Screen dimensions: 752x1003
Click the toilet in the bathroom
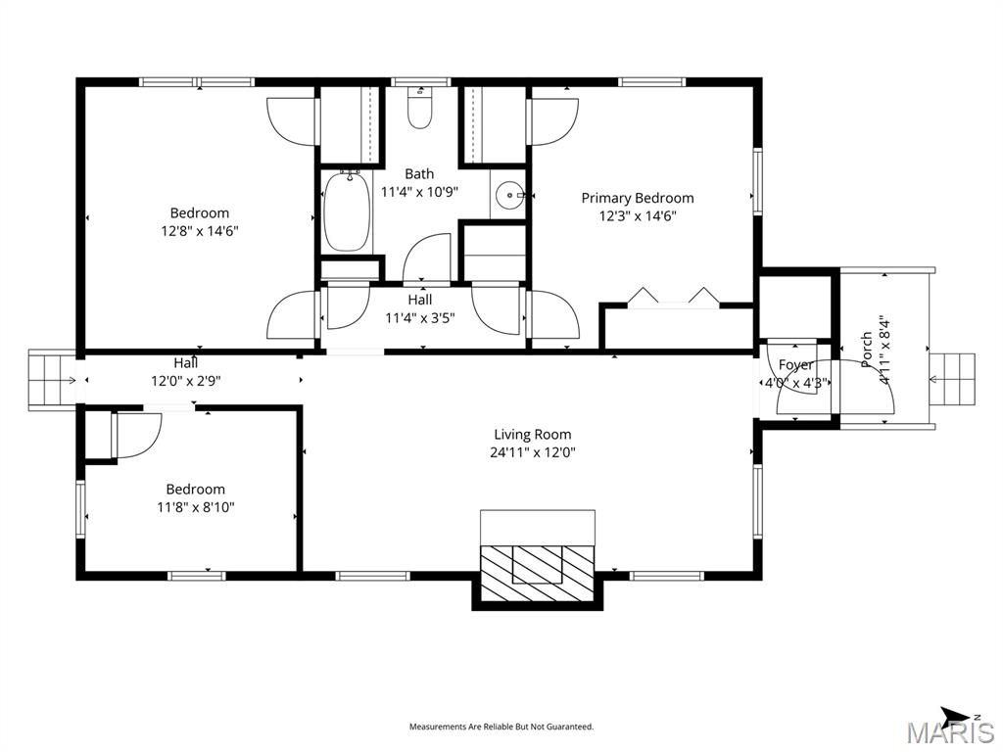420,110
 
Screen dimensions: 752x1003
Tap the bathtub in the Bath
347,211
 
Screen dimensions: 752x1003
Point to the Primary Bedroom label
638,198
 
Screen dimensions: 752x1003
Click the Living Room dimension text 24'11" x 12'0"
532,452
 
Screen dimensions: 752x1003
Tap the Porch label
866,350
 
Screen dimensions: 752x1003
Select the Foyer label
796,365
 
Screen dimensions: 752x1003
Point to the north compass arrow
956,716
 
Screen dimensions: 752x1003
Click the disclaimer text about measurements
501,727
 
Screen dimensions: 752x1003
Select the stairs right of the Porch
953,380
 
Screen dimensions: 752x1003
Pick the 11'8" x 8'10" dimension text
195,507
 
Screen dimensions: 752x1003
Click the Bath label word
419,174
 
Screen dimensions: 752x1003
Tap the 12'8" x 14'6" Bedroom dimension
200,231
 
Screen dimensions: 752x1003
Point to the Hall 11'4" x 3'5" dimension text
420,317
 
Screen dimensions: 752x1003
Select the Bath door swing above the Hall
428,257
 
